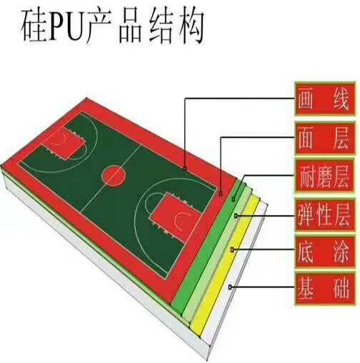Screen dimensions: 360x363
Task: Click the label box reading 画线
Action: coord(325,99)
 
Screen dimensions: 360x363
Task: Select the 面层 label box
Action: coord(325,138)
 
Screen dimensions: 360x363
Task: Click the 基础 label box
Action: coord(325,289)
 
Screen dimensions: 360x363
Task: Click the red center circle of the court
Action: coord(114,176)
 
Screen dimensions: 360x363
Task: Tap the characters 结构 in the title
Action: coord(176,26)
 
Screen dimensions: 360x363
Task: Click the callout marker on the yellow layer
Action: coord(233,249)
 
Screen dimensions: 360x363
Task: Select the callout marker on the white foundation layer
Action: coord(230,287)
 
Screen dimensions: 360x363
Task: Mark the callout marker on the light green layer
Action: coord(236,216)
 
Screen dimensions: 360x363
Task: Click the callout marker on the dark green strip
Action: coord(234,198)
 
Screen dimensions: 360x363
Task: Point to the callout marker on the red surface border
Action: coord(221,194)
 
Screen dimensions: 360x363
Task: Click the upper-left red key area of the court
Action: coord(64,142)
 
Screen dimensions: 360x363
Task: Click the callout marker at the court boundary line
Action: coord(185,169)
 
